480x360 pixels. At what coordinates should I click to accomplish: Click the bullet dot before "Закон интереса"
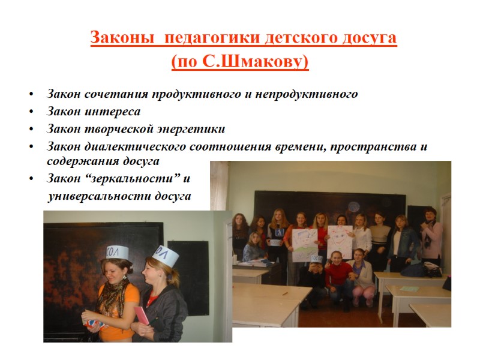tap(31, 112)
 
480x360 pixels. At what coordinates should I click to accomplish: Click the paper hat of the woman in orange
tap(118, 253)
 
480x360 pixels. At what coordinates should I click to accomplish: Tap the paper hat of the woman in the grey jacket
tap(164, 256)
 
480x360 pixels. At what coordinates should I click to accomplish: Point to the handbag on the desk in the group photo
tap(431, 271)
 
